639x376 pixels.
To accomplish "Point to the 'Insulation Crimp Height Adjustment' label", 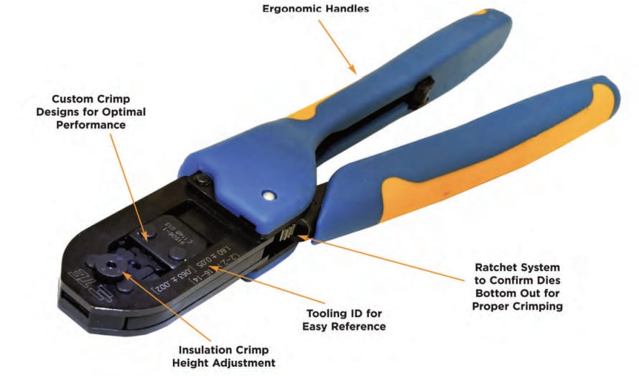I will [x=223, y=356].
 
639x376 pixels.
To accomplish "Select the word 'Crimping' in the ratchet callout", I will [x=541, y=306].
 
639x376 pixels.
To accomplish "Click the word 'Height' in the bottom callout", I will [x=192, y=363].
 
